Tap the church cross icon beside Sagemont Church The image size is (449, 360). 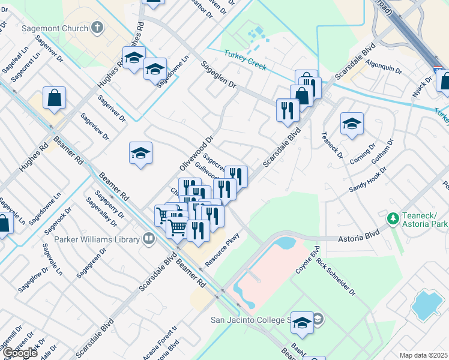(97, 28)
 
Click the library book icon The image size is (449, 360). (148, 239)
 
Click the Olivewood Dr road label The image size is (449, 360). (196, 153)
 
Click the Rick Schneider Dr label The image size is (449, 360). (336, 277)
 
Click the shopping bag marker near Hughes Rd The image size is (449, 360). (54, 99)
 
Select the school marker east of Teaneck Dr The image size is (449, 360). (352, 125)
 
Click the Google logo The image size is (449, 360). (20, 352)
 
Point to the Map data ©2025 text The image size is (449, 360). (423, 355)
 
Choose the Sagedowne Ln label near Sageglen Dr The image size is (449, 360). (173, 71)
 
